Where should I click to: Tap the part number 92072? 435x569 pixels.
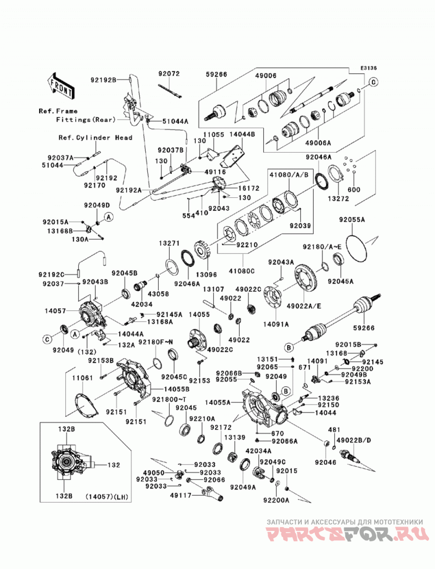[169, 74]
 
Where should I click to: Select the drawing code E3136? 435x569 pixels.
[369, 68]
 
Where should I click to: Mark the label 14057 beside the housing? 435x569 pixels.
[55, 311]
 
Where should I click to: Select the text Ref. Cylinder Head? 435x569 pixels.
[96, 137]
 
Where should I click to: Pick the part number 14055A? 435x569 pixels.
[217, 402]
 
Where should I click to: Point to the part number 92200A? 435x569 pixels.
[276, 500]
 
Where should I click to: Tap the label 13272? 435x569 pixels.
[338, 198]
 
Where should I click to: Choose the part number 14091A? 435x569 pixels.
[276, 324]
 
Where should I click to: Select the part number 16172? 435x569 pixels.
[248, 189]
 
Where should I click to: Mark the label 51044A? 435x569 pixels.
[176, 122]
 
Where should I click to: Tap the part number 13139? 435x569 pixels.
[234, 438]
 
